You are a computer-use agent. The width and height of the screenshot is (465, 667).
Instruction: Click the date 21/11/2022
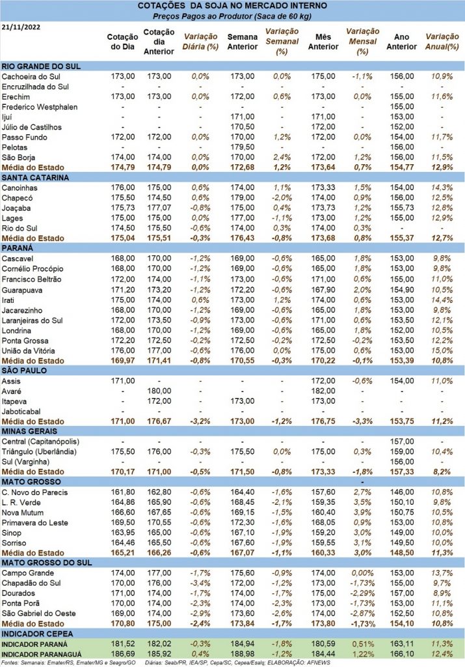[21, 27]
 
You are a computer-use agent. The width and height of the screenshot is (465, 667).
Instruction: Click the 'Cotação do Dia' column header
[122, 42]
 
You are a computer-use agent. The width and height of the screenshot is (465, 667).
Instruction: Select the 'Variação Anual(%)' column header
[442, 42]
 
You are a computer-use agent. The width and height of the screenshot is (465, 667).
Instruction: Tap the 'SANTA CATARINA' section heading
[35, 177]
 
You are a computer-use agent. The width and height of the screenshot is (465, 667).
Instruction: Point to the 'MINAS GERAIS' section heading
[29, 431]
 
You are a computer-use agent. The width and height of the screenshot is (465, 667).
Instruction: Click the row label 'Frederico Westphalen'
[40, 107]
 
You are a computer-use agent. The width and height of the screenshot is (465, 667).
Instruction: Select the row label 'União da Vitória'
[28, 351]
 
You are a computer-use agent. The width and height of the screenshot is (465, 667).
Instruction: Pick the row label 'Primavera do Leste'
[35, 523]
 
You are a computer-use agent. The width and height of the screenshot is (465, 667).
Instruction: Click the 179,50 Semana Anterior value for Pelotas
[243, 147]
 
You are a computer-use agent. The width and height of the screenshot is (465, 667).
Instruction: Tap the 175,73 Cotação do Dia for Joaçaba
[123, 208]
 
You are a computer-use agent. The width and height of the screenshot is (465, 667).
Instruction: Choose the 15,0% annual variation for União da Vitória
[442, 351]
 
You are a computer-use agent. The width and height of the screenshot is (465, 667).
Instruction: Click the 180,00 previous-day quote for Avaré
[159, 391]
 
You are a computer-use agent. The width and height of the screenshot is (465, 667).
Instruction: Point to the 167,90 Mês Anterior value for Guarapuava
[323, 290]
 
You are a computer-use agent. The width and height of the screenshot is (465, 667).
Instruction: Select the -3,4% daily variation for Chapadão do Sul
[200, 583]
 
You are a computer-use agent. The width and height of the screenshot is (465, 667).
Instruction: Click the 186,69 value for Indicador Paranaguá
[123, 654]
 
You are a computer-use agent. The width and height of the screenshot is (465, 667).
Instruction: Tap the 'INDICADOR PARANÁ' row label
[34, 644]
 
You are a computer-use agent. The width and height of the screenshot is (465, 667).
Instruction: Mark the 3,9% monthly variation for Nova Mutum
[363, 513]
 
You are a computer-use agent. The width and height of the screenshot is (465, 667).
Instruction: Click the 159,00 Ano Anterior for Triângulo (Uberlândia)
[402, 452]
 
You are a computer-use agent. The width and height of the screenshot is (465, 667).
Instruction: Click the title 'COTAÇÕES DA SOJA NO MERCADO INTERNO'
[232, 6]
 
